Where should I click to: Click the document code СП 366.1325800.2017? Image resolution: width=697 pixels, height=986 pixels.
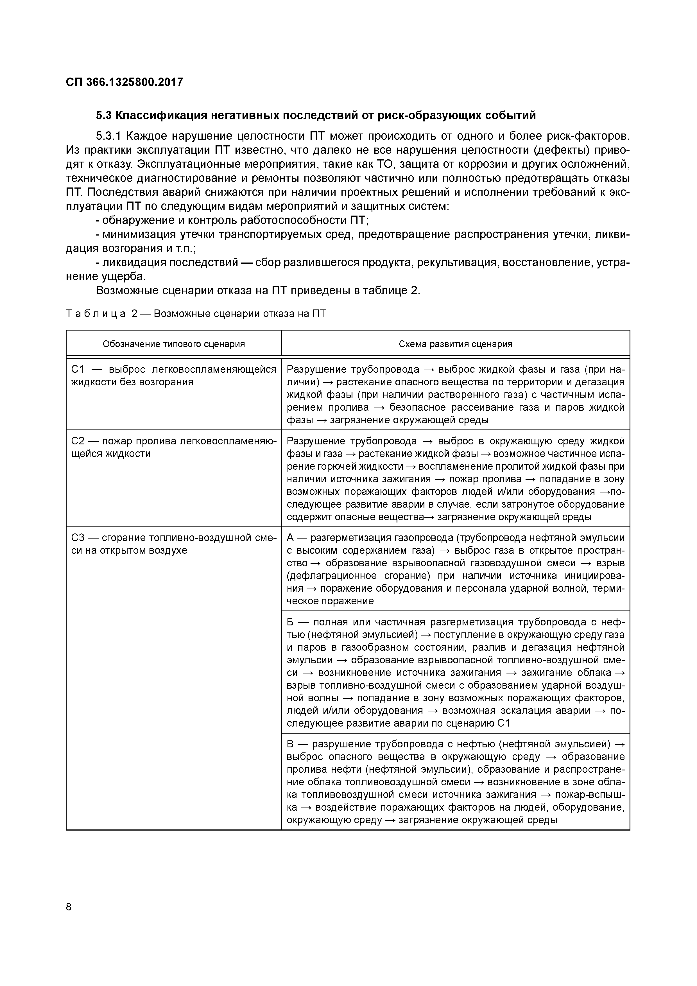coord(125,82)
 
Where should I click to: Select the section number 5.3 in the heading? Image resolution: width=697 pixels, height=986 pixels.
coord(104,116)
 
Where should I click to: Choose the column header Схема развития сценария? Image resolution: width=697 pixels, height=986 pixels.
coord(455,344)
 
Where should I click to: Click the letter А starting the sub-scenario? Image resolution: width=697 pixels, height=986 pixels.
coord(290,538)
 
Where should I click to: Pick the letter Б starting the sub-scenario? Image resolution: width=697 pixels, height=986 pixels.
coord(290,622)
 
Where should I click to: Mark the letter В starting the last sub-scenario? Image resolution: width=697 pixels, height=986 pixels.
coord(290,744)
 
